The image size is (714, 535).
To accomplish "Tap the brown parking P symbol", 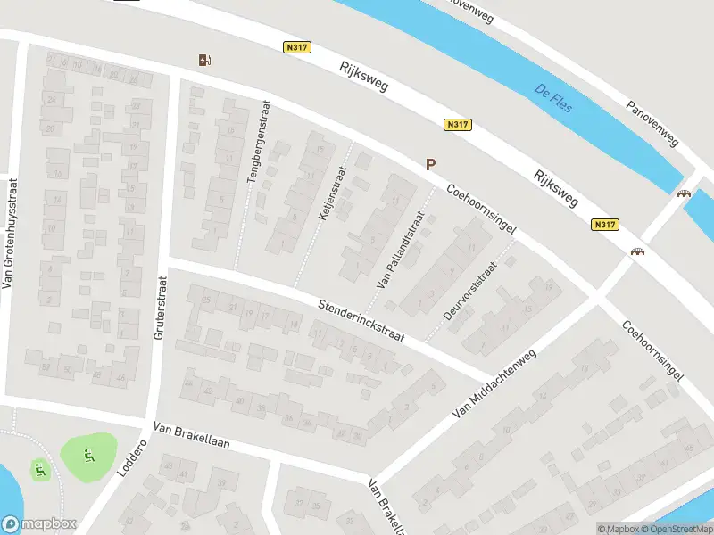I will click(430, 164).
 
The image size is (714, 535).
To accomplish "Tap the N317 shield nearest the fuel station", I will click(296, 48).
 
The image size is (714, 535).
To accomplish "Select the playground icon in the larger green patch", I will click(88, 457).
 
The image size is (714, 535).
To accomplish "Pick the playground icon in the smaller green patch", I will click(38, 467).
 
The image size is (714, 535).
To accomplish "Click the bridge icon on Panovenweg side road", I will click(685, 193).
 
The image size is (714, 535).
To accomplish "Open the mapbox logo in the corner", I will click(38, 524).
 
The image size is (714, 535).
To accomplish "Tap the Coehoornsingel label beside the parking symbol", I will click(483, 210).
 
